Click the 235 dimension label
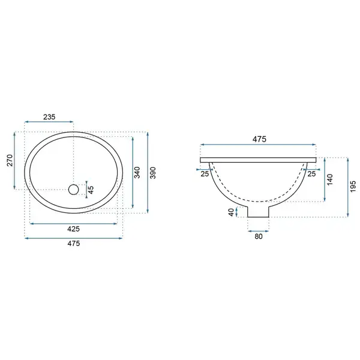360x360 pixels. click(49, 117)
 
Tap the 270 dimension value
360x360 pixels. click(10, 160)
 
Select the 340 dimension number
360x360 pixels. click(137, 172)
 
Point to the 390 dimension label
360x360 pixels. click(152, 173)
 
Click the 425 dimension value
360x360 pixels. click(73, 229)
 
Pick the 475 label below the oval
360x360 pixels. click(73, 244)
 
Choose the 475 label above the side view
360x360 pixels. click(259, 139)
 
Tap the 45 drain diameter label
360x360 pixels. click(91, 190)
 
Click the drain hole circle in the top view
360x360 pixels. click(73, 190)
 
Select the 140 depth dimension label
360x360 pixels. click(329, 180)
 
